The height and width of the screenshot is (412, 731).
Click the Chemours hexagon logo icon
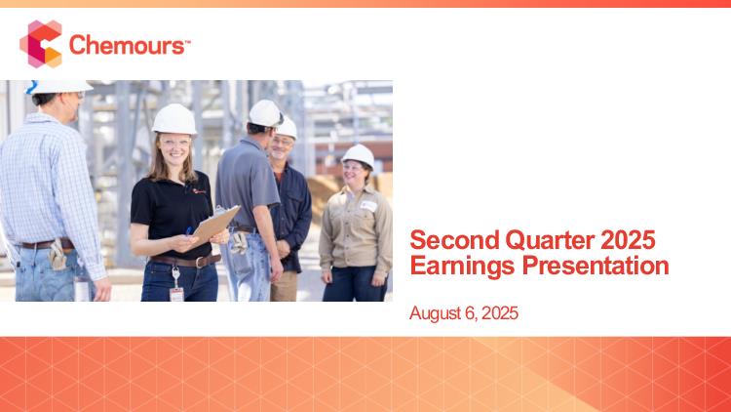tap(41, 44)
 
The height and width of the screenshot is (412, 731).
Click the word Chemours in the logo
tap(127, 45)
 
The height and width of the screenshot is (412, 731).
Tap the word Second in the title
tap(454, 240)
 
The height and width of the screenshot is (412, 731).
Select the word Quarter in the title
tap(550, 240)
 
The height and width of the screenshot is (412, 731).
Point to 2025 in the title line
tap(628, 240)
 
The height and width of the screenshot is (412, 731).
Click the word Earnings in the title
tap(463, 267)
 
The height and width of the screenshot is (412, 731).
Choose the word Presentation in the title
tap(596, 266)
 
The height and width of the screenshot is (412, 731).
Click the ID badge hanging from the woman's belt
tap(176, 294)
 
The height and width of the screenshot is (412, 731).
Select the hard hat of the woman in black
tap(174, 119)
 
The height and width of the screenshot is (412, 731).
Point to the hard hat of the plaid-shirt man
tap(58, 87)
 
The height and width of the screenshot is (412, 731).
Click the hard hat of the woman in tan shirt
tap(359, 154)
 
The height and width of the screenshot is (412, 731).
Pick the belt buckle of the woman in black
tap(201, 262)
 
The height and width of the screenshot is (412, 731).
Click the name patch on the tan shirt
tap(368, 206)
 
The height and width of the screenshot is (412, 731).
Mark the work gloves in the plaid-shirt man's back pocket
tap(58, 255)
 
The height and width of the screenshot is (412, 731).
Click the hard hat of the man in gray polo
tap(265, 113)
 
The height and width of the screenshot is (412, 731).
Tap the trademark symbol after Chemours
tap(187, 42)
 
